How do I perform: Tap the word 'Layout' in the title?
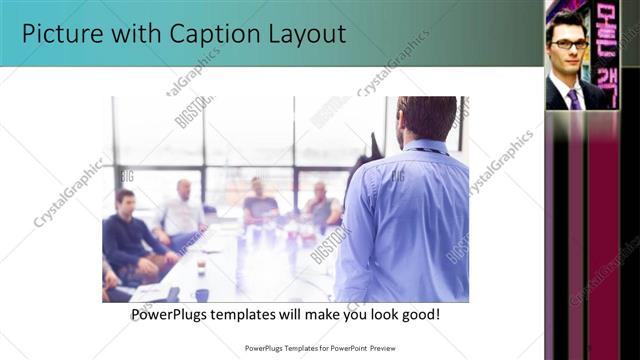tap(304, 34)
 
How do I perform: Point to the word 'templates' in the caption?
tap(254, 315)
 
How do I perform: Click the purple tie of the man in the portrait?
tap(574, 98)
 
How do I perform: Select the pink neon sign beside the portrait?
tap(606, 45)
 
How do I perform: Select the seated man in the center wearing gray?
tap(259, 203)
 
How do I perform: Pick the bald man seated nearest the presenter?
tap(321, 205)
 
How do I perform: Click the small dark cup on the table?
tap(201, 267)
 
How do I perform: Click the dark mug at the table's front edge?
tap(202, 295)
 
